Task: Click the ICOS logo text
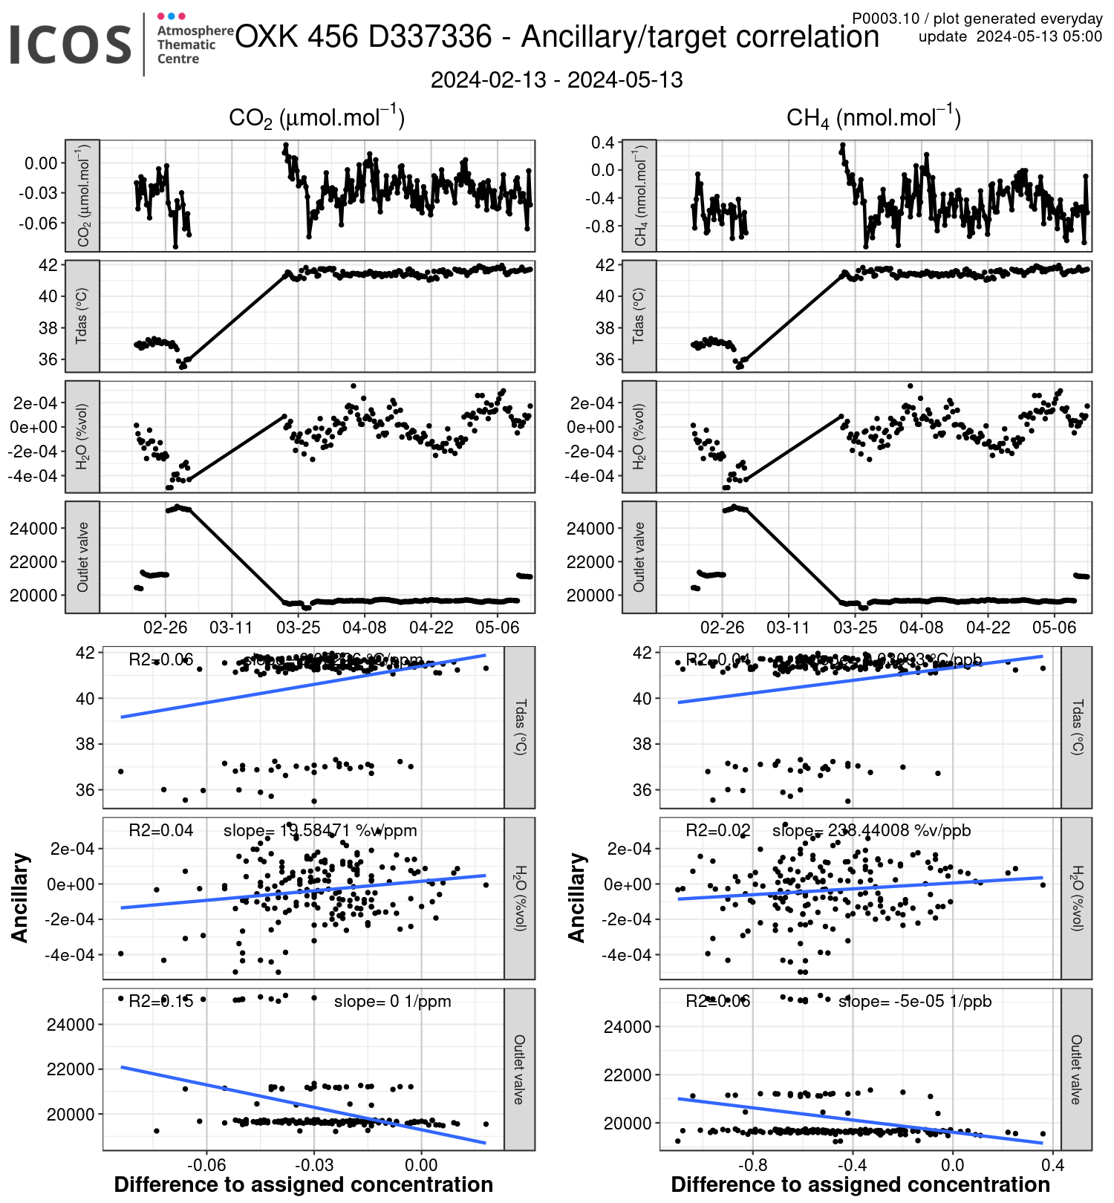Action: click(71, 45)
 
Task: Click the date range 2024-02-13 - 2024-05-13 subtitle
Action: click(556, 80)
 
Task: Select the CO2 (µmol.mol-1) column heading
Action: click(316, 118)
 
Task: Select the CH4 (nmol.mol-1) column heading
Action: click(873, 118)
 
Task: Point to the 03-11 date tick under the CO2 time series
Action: click(231, 627)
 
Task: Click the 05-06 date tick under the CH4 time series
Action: click(1054, 627)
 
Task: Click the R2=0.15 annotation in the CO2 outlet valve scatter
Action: click(160, 1001)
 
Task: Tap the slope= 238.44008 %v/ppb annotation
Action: click(871, 830)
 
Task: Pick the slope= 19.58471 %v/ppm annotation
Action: click(320, 830)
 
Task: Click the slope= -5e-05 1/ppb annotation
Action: click(914, 1001)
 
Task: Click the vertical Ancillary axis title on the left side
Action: click(20, 898)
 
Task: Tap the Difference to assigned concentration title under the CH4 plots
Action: click(860, 1184)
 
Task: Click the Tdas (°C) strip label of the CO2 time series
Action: click(82, 316)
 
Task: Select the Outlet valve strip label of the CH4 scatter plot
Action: click(1076, 1069)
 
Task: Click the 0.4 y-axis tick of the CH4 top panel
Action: click(602, 142)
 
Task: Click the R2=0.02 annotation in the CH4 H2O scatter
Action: click(717, 830)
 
